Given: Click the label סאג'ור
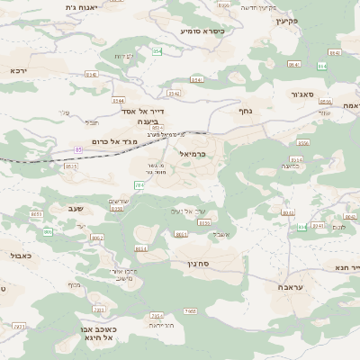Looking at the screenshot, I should (x=301, y=92).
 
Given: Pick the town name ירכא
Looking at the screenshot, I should (x=18, y=68).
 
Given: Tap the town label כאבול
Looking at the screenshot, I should (x=19, y=256).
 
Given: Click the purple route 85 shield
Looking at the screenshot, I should (x=78, y=148).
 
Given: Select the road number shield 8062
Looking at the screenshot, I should (x=97, y=238).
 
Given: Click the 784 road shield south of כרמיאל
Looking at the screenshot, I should (x=139, y=184).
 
